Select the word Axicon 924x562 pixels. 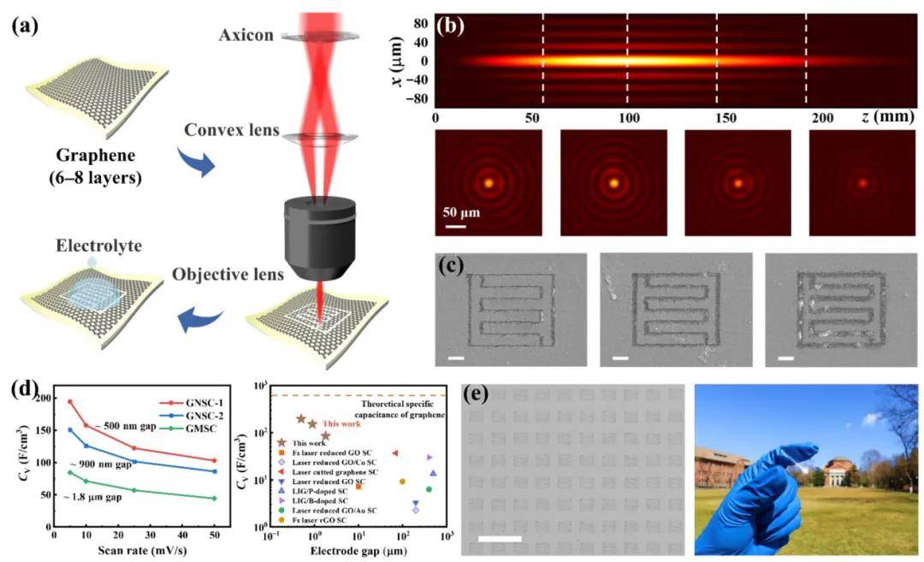pyautogui.click(x=246, y=36)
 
